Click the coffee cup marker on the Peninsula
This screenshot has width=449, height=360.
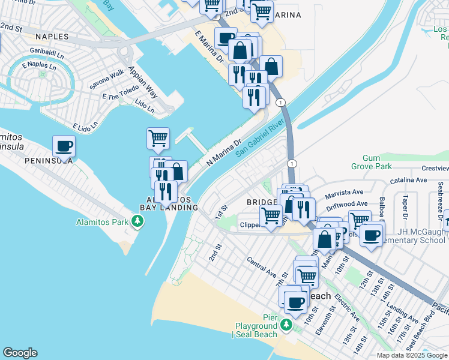64,146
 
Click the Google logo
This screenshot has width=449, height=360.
20,353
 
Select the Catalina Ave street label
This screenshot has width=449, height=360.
408,180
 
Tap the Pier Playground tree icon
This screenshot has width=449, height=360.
287,325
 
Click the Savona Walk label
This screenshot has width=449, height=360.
107,77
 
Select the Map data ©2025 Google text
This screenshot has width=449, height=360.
412,355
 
